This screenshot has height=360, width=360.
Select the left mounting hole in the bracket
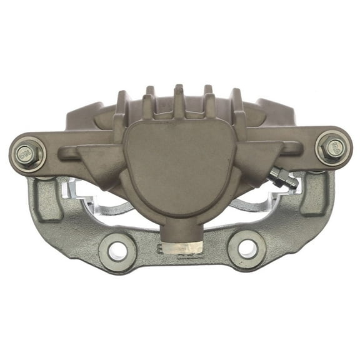click(x=117, y=250)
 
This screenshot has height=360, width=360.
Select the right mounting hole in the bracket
click(x=247, y=249)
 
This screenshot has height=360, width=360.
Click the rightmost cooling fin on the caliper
click(x=237, y=107)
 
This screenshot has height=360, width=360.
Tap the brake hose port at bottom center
click(x=179, y=234)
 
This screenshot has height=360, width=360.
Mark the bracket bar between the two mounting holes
click(x=181, y=253)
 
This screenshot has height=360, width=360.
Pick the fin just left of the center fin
click(x=150, y=103)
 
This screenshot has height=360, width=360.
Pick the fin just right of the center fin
click(x=209, y=102)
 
